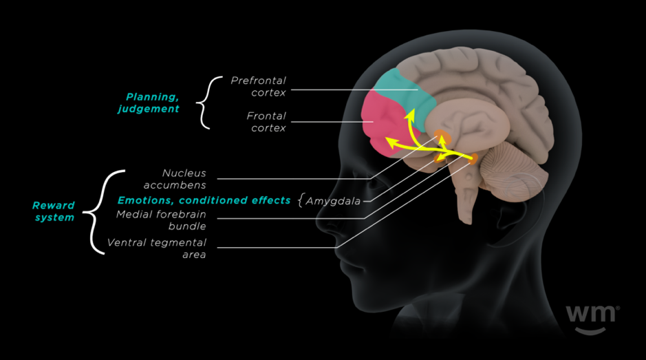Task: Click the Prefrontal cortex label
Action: click(258, 87)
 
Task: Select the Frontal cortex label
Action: click(266, 122)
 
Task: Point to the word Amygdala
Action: click(333, 201)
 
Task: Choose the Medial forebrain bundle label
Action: click(161, 220)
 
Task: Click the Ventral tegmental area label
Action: click(156, 248)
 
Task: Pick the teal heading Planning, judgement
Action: click(152, 103)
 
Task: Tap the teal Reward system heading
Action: click(53, 211)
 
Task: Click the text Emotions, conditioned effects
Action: click(204, 200)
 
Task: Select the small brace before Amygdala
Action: click(301, 201)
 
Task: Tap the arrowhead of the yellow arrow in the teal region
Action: click(408, 112)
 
